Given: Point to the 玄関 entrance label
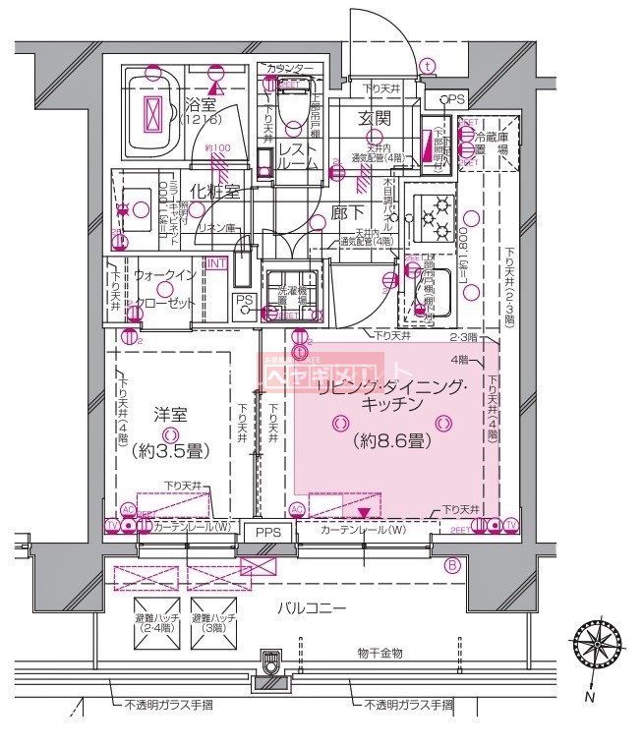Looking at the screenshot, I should pyautogui.click(x=375, y=118).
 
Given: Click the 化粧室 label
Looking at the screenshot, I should pyautogui.click(x=214, y=191).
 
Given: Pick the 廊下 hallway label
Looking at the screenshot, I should pyautogui.click(x=345, y=211).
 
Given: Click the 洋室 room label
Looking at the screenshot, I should pyautogui.click(x=170, y=415).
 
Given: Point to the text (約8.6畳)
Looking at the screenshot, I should pyautogui.click(x=391, y=441).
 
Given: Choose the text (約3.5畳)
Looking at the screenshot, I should pyautogui.click(x=170, y=452).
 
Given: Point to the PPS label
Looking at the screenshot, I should pyautogui.click(x=268, y=532).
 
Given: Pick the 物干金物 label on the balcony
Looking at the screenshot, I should pyautogui.click(x=379, y=653).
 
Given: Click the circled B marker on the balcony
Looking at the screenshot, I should pyautogui.click(x=451, y=564).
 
